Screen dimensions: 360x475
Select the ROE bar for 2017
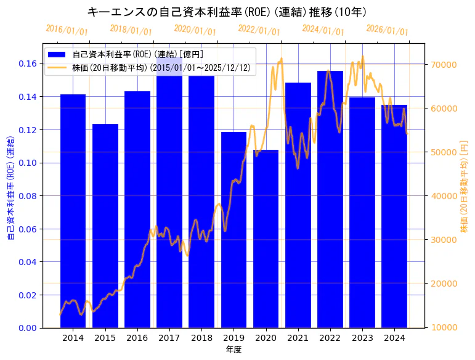pyautogui.click(x=169, y=203)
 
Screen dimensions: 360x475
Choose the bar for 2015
pyautogui.click(x=105, y=226)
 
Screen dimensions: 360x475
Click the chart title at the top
pyautogui.click(x=227, y=12)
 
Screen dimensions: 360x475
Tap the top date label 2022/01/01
pyautogui.click(x=259, y=30)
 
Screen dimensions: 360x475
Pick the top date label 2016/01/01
pyautogui.click(x=67, y=30)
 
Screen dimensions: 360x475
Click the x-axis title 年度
pyautogui.click(x=233, y=350)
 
